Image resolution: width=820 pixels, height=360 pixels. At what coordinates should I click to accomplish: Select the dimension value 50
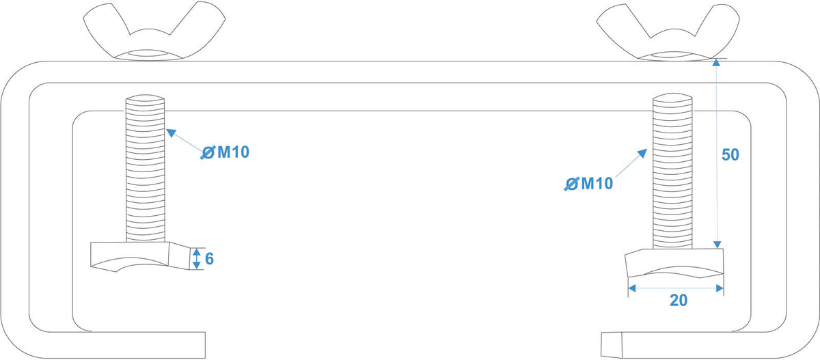(x=730, y=155)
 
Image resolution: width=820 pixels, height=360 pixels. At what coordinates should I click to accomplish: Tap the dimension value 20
(x=679, y=300)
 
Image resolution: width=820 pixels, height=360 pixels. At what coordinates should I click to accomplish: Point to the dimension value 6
(x=209, y=259)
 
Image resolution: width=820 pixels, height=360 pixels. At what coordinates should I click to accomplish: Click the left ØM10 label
(x=225, y=152)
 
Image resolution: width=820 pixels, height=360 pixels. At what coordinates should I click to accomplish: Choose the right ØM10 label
(x=588, y=183)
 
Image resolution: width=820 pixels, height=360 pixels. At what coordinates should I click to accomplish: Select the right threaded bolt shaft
(x=672, y=171)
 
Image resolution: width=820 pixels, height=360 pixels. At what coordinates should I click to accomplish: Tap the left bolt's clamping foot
(x=141, y=256)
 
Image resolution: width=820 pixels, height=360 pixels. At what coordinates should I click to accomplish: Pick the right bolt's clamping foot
(x=674, y=263)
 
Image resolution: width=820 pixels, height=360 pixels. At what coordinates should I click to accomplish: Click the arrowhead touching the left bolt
(x=171, y=133)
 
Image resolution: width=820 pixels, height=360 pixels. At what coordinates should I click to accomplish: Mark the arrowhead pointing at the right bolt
(x=642, y=153)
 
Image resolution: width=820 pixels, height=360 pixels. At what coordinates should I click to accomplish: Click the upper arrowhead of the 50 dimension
(x=716, y=63)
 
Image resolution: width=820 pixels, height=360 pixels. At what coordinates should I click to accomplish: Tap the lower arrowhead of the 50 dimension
(x=717, y=245)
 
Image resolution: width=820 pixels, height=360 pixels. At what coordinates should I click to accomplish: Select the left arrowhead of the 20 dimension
(x=632, y=289)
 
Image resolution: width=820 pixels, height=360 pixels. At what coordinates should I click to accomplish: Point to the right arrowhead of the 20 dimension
(x=720, y=289)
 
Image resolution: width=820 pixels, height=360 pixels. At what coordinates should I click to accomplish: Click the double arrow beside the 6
(x=197, y=259)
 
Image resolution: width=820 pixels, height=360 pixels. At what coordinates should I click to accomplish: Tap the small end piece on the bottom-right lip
(x=612, y=345)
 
